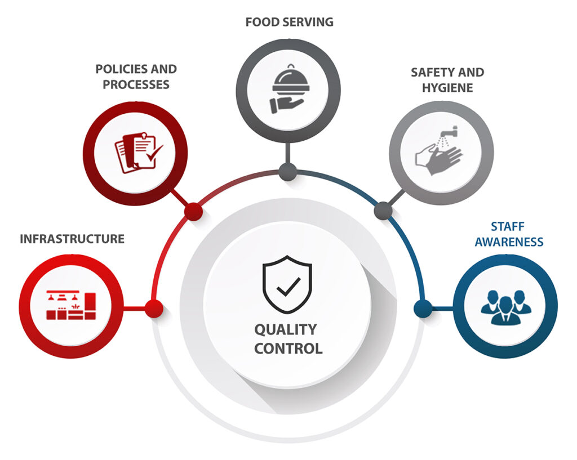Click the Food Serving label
click(289, 22)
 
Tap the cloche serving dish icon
click(289, 89)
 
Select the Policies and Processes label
click(136, 77)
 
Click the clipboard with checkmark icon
click(139, 152)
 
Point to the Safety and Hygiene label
click(447, 80)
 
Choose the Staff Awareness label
click(509, 234)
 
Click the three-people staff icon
click(506, 307)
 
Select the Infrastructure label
click(72, 239)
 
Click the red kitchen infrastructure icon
click(71, 305)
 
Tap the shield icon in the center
click(287, 284)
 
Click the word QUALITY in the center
click(286, 329)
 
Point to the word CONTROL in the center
click(288, 348)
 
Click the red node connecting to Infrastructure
click(154, 308)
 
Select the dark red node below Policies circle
click(193, 212)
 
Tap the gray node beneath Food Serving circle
click(288, 172)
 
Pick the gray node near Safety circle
click(383, 211)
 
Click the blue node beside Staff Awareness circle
click(423, 308)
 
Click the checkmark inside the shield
click(288, 287)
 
